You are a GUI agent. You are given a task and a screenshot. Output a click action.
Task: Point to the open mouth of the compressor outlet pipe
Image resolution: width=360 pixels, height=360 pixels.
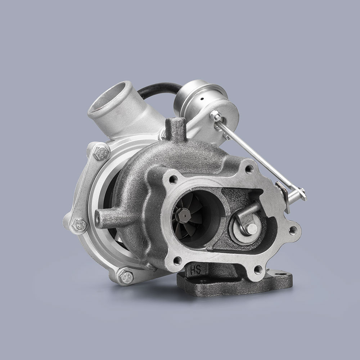pos(106,98)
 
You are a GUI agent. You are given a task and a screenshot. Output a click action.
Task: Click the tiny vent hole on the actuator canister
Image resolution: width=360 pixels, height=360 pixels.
pos(202,98)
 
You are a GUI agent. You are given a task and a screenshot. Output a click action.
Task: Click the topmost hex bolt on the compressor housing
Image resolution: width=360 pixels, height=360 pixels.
pos(100,153)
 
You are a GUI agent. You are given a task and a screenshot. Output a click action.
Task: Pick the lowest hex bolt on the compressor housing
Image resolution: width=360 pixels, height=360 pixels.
pos(126,276)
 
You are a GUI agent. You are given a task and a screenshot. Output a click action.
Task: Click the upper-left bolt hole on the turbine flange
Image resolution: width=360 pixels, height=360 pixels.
pos(174,179)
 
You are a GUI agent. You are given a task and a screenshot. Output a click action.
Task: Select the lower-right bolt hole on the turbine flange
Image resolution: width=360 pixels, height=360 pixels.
pos(257,269)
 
